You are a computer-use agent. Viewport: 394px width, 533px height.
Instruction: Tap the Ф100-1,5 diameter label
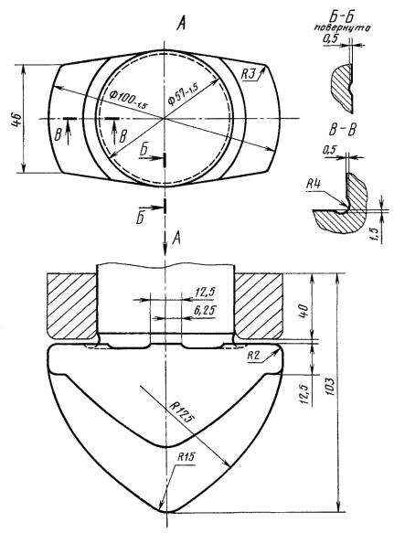click(x=129, y=100)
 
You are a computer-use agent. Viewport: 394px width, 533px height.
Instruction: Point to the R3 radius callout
click(x=248, y=74)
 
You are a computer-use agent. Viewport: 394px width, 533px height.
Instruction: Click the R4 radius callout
click(x=313, y=185)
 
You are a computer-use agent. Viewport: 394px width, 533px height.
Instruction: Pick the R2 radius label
click(x=253, y=356)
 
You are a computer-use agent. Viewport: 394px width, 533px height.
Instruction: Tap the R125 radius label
click(x=182, y=412)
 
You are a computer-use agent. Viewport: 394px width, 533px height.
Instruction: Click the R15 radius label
click(x=186, y=456)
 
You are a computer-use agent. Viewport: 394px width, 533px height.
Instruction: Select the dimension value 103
click(x=330, y=386)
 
